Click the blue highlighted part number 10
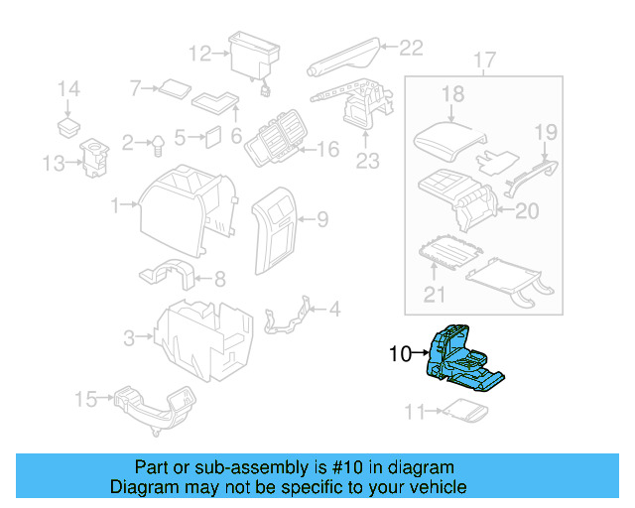click(462, 359)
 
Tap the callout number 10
click(400, 352)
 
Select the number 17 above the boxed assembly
click(483, 62)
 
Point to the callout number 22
click(411, 46)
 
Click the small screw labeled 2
click(157, 146)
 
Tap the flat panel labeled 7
click(177, 86)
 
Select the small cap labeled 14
click(68, 125)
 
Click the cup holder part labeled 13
click(96, 158)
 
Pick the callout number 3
click(129, 339)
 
